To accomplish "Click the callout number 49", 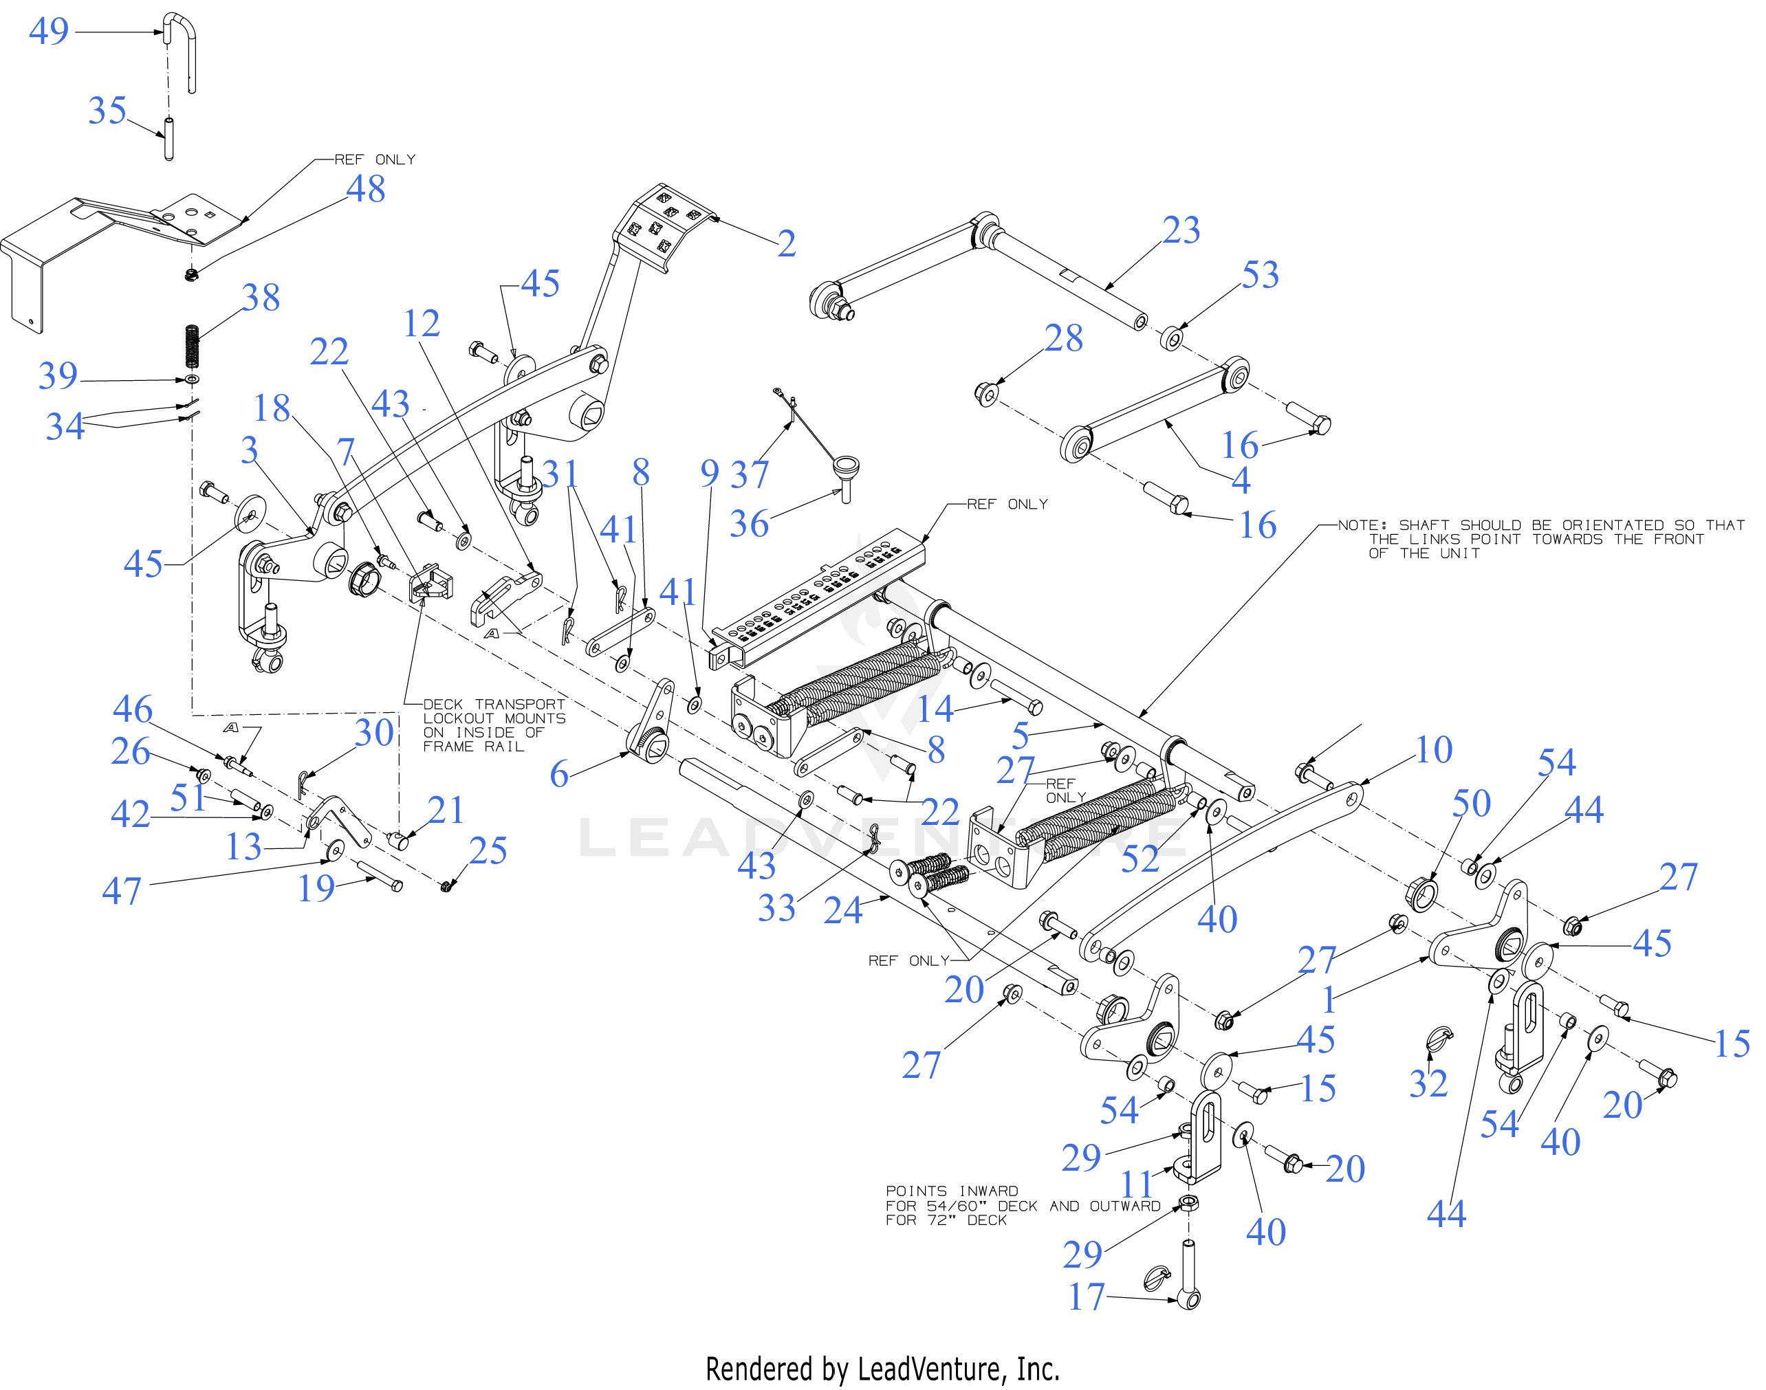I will [x=49, y=31].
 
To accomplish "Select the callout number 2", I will [x=786, y=243].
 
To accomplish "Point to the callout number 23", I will [x=1181, y=230].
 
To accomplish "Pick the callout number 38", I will [x=261, y=298].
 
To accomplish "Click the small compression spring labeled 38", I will [x=192, y=346].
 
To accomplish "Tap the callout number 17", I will [x=1086, y=1297].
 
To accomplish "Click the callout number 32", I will [x=1428, y=1083].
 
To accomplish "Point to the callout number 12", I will [x=421, y=324].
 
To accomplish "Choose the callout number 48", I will [x=366, y=189].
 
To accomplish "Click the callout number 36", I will [x=748, y=524].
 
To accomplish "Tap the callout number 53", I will [x=1260, y=275].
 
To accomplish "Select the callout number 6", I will [x=558, y=774].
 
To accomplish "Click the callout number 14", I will [x=935, y=709].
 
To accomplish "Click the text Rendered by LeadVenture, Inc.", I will [x=882, y=1369].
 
